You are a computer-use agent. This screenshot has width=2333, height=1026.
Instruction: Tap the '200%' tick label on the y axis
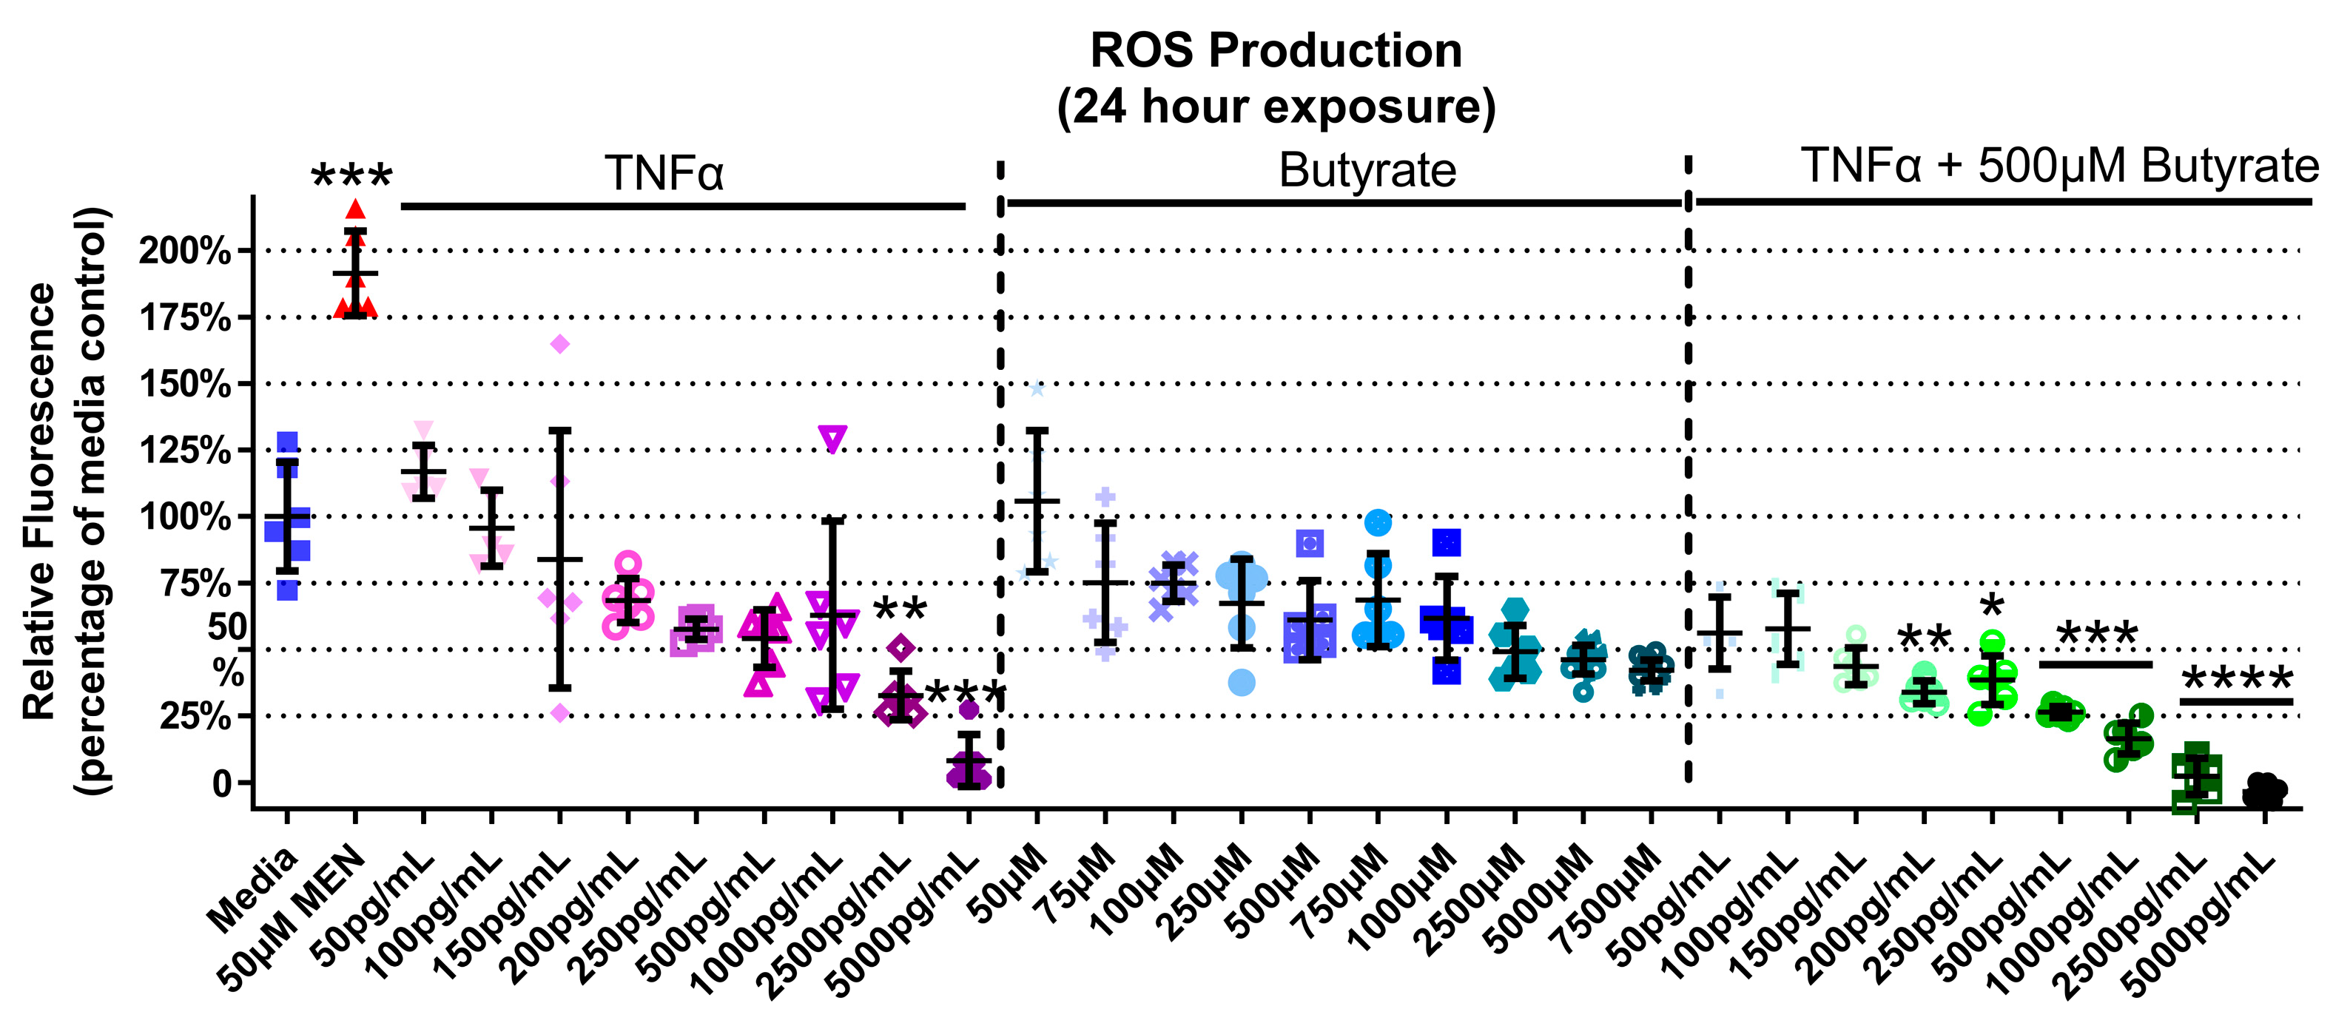[185, 251]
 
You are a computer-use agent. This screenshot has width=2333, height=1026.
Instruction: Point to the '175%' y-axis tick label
[185, 318]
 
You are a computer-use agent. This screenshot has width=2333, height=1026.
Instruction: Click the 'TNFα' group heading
[664, 172]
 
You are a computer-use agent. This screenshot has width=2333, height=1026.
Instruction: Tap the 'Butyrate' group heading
[1367, 170]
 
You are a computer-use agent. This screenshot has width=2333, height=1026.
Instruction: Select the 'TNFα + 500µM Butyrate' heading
[2058, 166]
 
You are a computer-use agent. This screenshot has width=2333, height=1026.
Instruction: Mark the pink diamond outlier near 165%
[559, 344]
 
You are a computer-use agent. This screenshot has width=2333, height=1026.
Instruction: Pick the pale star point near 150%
[1037, 389]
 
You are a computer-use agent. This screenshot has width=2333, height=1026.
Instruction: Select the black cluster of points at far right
[2264, 791]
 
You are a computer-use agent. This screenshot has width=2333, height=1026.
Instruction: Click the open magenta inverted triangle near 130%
[832, 439]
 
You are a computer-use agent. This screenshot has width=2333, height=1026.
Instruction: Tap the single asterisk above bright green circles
[1992, 606]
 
